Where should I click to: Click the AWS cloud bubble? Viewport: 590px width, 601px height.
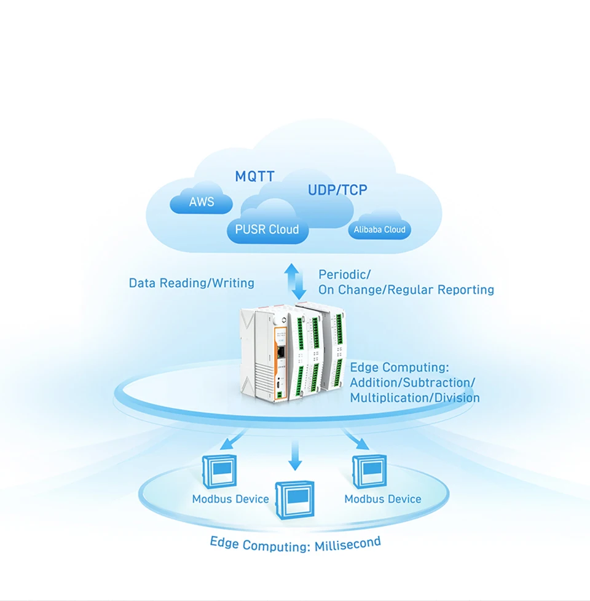[201, 202]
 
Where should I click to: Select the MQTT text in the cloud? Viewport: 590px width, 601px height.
[254, 177]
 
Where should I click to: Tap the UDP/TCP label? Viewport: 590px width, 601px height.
[337, 190]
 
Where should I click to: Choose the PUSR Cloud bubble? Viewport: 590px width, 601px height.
[267, 230]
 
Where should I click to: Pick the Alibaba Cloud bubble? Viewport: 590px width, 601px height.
[379, 230]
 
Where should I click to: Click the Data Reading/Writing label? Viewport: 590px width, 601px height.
[191, 283]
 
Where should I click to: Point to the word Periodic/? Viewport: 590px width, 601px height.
[344, 274]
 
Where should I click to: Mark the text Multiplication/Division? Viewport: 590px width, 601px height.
[415, 398]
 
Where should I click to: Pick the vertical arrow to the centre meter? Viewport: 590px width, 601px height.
[296, 456]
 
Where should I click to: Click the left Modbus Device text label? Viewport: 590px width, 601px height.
[230, 499]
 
